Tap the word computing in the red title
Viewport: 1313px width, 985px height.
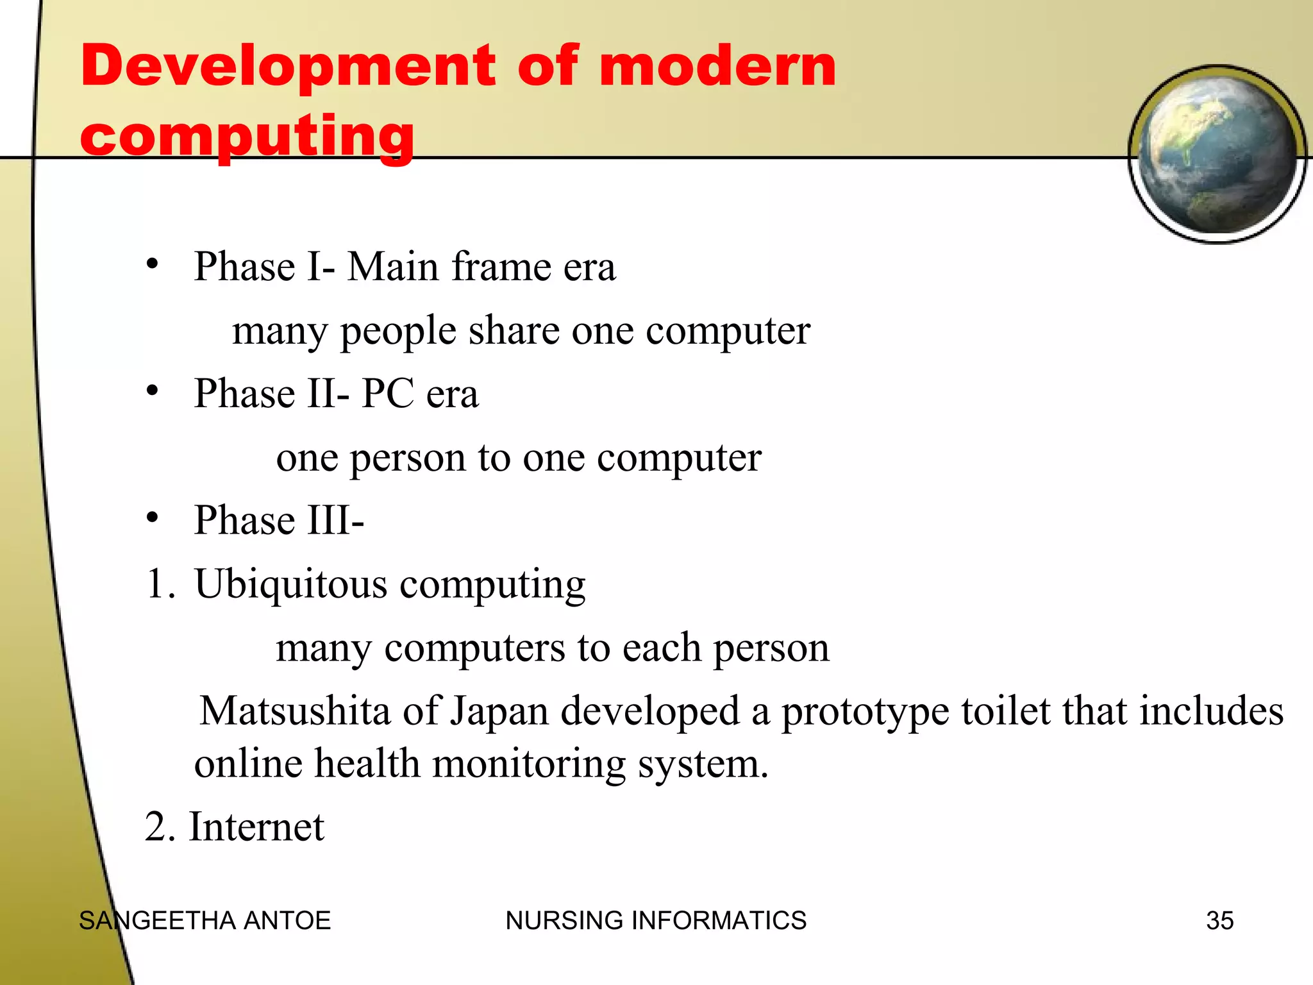[247, 136]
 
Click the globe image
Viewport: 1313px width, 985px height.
[1217, 155]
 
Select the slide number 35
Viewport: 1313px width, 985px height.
[1219, 921]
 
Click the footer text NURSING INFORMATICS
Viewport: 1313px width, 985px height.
[656, 921]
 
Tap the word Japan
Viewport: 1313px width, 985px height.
[500, 711]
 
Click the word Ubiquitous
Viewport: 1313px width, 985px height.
[291, 584]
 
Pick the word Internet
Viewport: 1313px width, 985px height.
[256, 827]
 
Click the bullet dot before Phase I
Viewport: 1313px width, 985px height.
[152, 264]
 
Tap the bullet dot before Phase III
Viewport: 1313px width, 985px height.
[152, 517]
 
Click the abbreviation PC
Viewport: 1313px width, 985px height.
[387, 393]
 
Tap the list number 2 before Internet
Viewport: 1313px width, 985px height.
[158, 827]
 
